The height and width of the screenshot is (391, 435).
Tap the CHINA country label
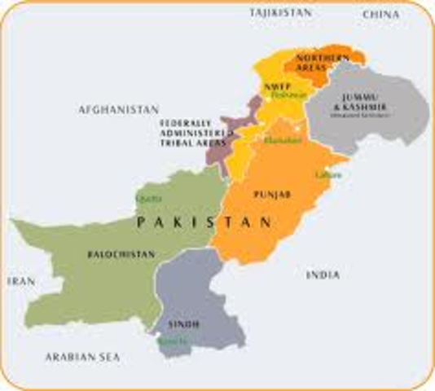point(382,14)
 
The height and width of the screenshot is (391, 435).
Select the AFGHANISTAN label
point(118,108)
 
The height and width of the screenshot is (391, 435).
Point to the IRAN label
point(22,280)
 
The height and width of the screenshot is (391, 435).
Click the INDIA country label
point(323,275)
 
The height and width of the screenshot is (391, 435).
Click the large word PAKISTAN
point(204,222)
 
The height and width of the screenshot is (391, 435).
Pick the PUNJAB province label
point(268,195)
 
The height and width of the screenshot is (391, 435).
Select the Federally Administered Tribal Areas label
point(191,131)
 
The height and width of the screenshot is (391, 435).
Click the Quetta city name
point(144,197)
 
